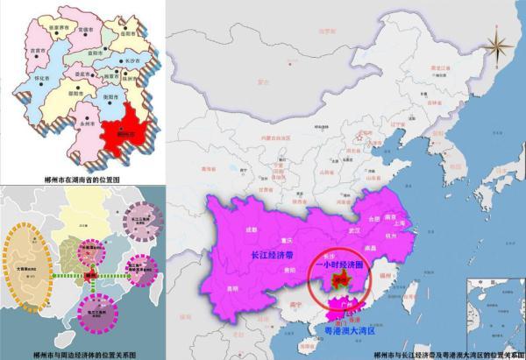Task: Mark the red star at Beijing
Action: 357,137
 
